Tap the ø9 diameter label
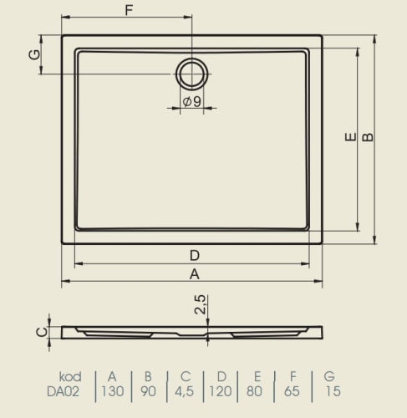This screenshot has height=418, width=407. point(191,101)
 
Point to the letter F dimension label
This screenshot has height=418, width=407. point(129,10)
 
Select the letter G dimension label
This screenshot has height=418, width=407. point(34,54)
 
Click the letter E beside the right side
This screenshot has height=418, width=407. point(350,137)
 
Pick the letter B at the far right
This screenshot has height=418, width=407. point(368,137)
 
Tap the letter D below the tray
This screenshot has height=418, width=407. point(195,255)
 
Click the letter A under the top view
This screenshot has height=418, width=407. point(195,274)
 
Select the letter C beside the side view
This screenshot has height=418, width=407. point(42,332)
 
